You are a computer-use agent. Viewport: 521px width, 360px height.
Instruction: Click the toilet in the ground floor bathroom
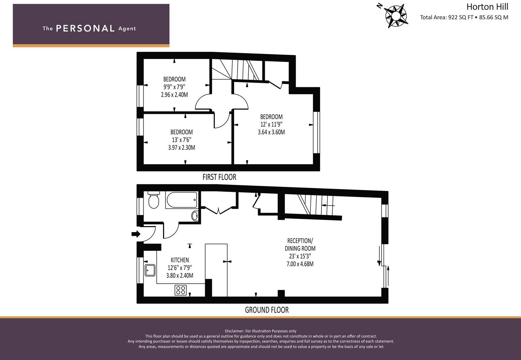point(154,200)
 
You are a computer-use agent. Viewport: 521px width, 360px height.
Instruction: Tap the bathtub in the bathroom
point(182,200)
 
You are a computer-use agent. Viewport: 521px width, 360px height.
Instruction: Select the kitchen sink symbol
point(150,270)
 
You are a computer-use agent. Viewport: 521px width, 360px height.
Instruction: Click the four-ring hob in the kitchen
point(181,290)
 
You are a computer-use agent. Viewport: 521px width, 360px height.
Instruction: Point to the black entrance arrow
point(136,234)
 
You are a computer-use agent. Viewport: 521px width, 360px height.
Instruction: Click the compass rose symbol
point(396,16)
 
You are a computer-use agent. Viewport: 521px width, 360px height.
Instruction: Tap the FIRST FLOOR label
point(219,177)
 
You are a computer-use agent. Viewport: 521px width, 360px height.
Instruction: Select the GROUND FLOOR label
point(266,310)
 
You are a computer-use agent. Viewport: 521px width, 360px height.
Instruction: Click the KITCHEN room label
point(179,260)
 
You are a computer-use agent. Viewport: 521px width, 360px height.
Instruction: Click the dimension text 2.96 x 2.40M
point(174,95)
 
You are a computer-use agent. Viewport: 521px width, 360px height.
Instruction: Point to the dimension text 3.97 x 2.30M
point(182,148)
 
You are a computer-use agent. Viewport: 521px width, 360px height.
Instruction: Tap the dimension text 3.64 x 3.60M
point(271,132)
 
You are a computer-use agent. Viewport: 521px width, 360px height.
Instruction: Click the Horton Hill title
point(487,7)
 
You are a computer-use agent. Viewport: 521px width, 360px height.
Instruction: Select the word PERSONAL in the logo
point(85,28)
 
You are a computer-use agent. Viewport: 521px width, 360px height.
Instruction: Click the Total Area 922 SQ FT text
point(446,17)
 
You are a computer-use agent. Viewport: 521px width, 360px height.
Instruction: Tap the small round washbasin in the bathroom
point(195,215)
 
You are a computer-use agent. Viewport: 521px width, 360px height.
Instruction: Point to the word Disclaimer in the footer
point(234,331)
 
